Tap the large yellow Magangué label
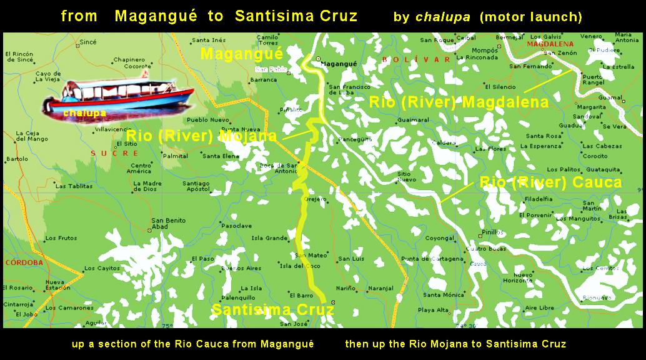pos(241,54)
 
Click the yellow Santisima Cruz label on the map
pos(269,310)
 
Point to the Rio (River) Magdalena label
pos(459,102)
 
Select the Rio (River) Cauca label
pos(550,182)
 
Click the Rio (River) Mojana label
pos(201,136)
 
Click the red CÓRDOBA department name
pos(24,262)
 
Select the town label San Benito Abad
pos(168,223)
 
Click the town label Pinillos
pos(494,232)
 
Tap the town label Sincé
pos(88,42)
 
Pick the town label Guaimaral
pos(413,119)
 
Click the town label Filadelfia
pos(539,199)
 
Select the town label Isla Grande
pos(269,238)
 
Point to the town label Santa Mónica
pos(444,294)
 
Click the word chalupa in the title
pos(442,17)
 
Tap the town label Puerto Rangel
pos(592,79)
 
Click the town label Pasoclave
pos(237,225)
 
